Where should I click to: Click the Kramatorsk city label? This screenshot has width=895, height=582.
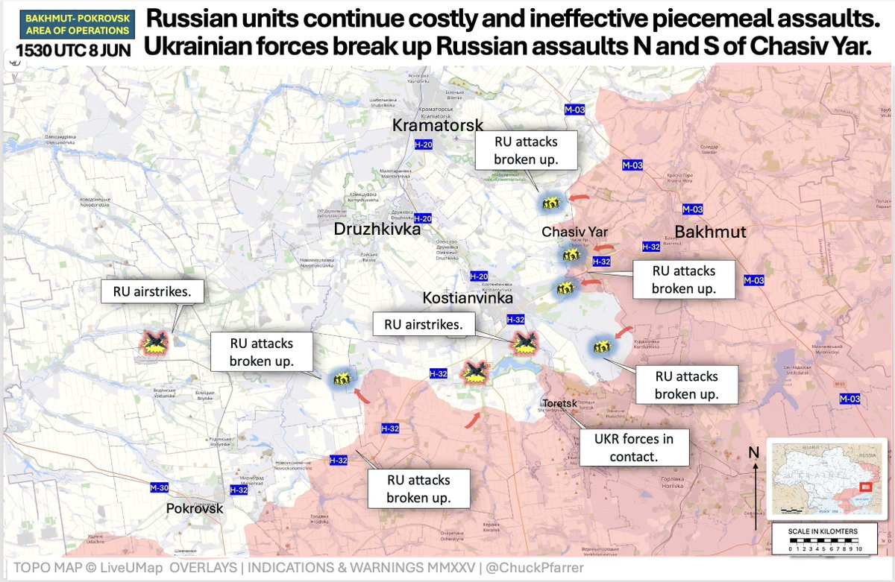coord(438,126)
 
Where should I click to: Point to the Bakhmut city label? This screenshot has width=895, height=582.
coord(710,232)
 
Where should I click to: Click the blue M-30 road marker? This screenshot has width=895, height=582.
coord(160,487)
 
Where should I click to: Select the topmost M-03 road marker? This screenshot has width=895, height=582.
coord(574,110)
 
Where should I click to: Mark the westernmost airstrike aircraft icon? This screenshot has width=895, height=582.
coord(155,342)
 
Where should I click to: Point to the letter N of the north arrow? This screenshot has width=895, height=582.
coord(754,452)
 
